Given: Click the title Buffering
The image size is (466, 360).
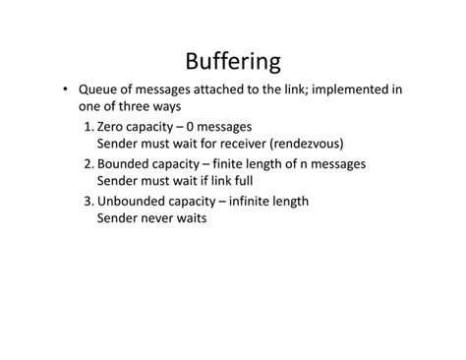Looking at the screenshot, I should coord(233,60).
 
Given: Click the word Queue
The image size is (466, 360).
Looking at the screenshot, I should coord(100,90).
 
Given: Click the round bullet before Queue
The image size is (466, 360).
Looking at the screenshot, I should coord(65,90).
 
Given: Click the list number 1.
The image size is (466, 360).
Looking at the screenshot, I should coord(88,127).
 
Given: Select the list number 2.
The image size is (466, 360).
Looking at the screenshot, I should coord(88,164).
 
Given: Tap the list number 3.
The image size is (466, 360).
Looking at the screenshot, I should coord(88,202).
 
